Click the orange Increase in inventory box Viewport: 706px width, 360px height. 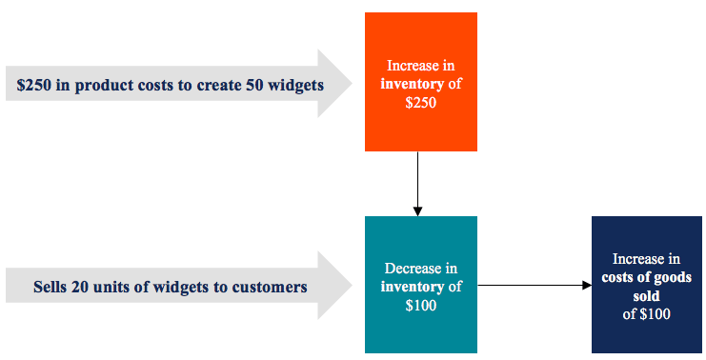(x=420, y=82)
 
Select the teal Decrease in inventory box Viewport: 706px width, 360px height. (x=420, y=284)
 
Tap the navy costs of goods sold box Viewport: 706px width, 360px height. (x=646, y=284)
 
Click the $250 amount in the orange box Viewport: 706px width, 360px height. (x=420, y=103)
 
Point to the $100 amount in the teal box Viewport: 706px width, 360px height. (x=420, y=305)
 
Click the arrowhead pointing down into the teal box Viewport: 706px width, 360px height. (x=417, y=210)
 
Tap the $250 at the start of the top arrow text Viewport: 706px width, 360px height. (x=32, y=85)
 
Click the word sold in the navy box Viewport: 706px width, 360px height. (x=646, y=295)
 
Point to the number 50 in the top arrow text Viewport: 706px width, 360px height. (x=245, y=85)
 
